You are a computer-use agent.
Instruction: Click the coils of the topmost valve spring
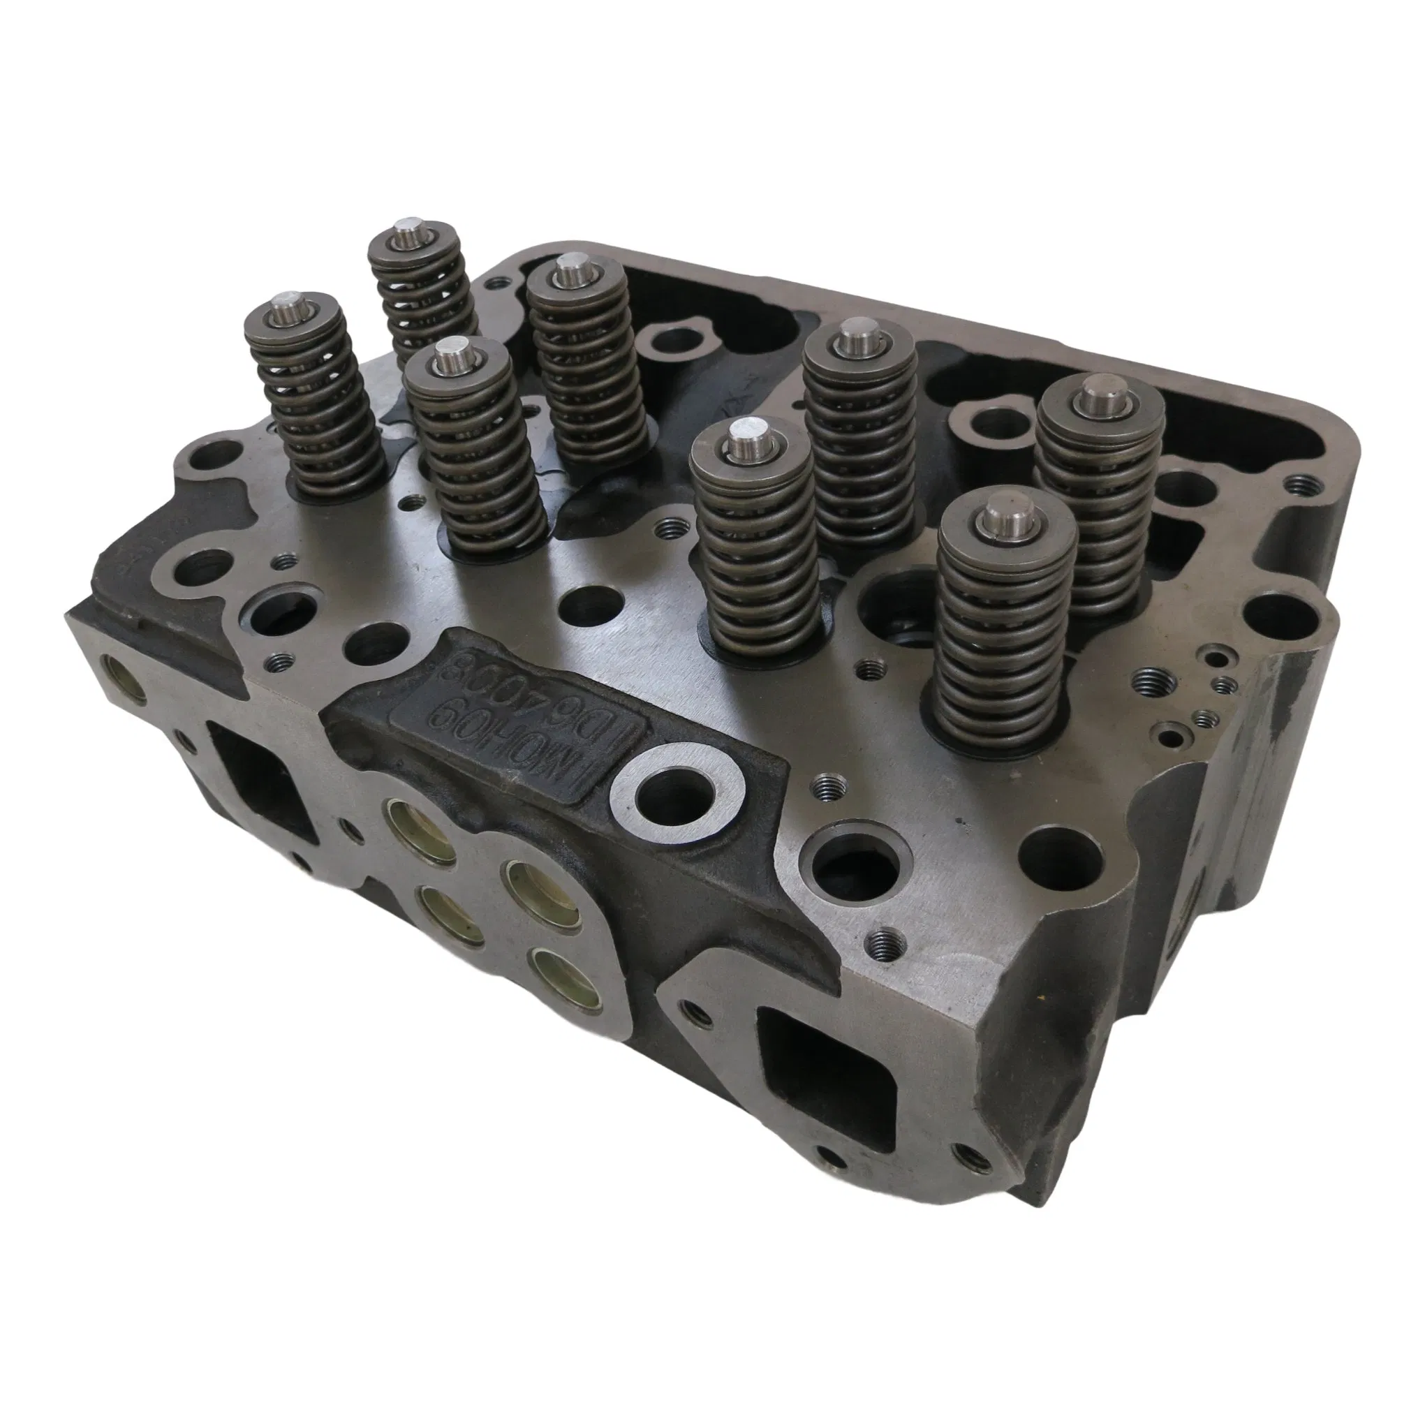[427, 295]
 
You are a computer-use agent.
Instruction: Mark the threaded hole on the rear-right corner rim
[1295, 484]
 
